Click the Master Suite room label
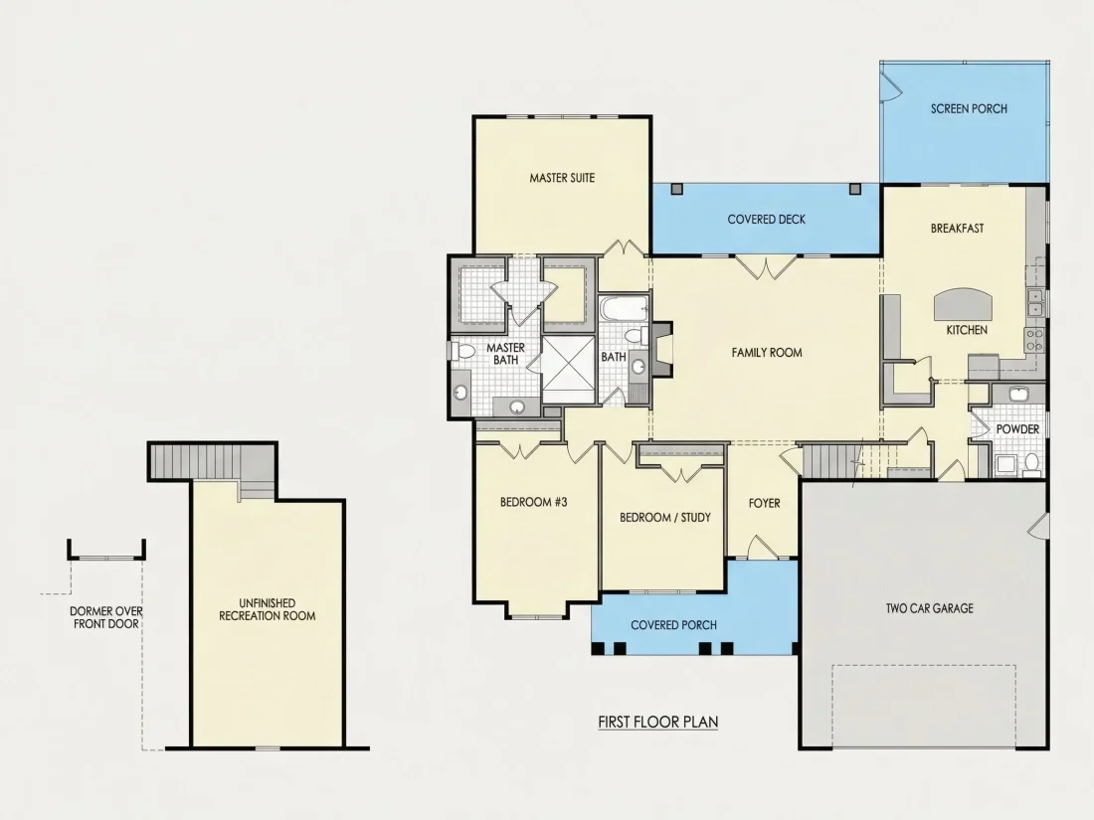coord(562,178)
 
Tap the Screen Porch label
coord(969,108)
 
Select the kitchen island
coord(963,304)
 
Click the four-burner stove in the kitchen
coord(1034,340)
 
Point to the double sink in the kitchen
coord(1035,302)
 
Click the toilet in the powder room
coord(1030,463)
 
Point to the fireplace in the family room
coord(661,349)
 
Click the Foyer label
coord(764,503)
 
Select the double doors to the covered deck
coord(766,267)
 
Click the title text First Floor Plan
coord(658,722)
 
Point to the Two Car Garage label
coord(929,608)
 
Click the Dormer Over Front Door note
coord(106,618)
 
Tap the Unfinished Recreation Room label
coord(268,609)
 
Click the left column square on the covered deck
coord(676,189)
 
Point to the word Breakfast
coord(957,228)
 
